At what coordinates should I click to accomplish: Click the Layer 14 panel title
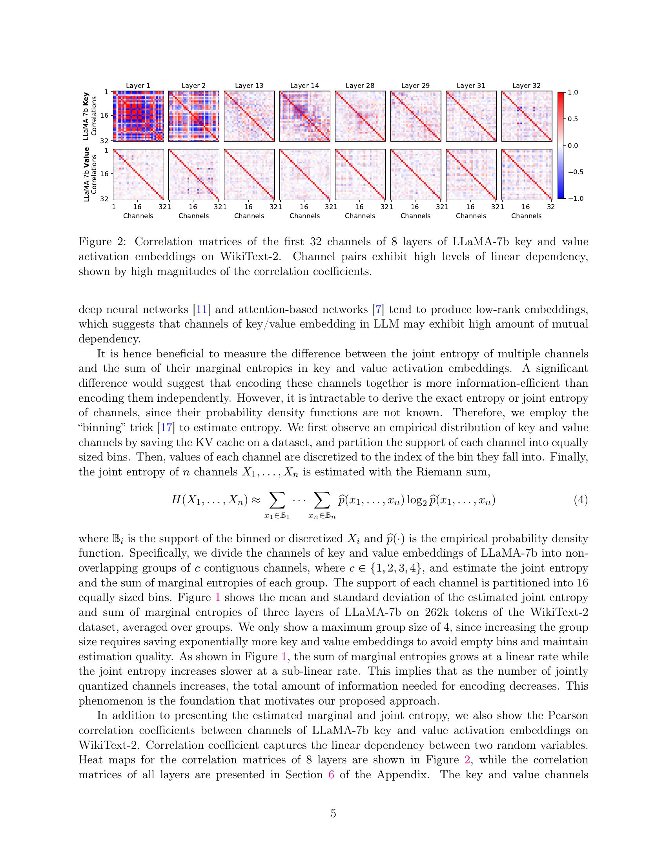coord(304,86)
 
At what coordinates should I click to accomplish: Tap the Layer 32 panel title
coord(526,86)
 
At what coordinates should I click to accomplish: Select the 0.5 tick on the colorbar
coord(572,118)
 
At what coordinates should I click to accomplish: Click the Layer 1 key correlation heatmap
coord(138,116)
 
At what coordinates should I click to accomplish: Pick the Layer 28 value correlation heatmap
coord(360,174)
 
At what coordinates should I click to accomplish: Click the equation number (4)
coord(580,500)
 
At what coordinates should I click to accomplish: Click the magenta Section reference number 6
coord(331,774)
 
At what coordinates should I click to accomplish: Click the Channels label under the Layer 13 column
coord(249,216)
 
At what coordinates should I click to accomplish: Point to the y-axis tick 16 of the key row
coord(104,116)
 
